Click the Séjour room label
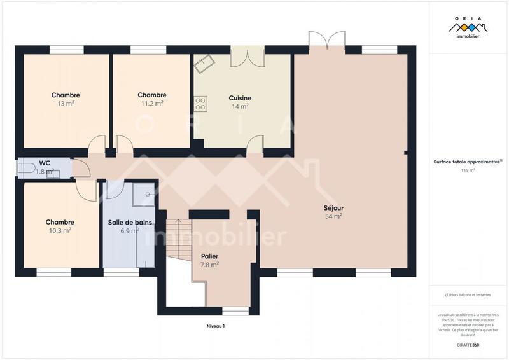click(333, 207)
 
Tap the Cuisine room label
click(240, 98)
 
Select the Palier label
click(209, 256)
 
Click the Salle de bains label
click(129, 223)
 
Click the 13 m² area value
click(66, 103)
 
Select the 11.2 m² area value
click(151, 103)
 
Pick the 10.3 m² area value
click(60, 230)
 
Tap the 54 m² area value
click(333, 216)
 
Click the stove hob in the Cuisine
click(200, 102)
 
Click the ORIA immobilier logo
click(468, 29)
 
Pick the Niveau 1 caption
click(216, 326)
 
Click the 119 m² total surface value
click(468, 170)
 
